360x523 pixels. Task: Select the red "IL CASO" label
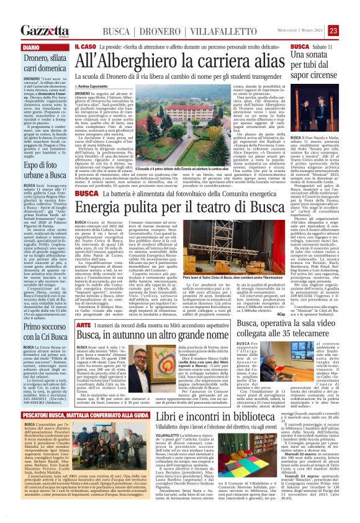tap(84, 47)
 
